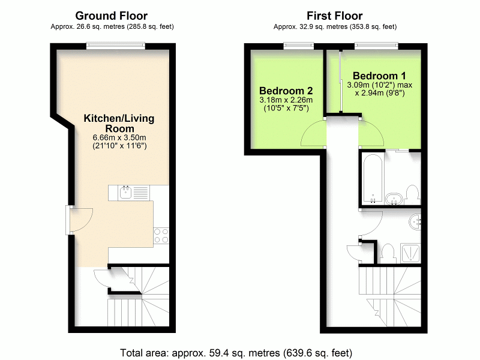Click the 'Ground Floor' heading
111,16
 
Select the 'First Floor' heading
334,16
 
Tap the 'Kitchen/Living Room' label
118,124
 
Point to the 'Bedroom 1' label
376,76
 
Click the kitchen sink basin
125,193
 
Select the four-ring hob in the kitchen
161,235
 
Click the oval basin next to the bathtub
394,199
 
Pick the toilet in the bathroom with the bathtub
412,194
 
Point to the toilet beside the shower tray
388,252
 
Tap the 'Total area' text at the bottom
236,352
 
